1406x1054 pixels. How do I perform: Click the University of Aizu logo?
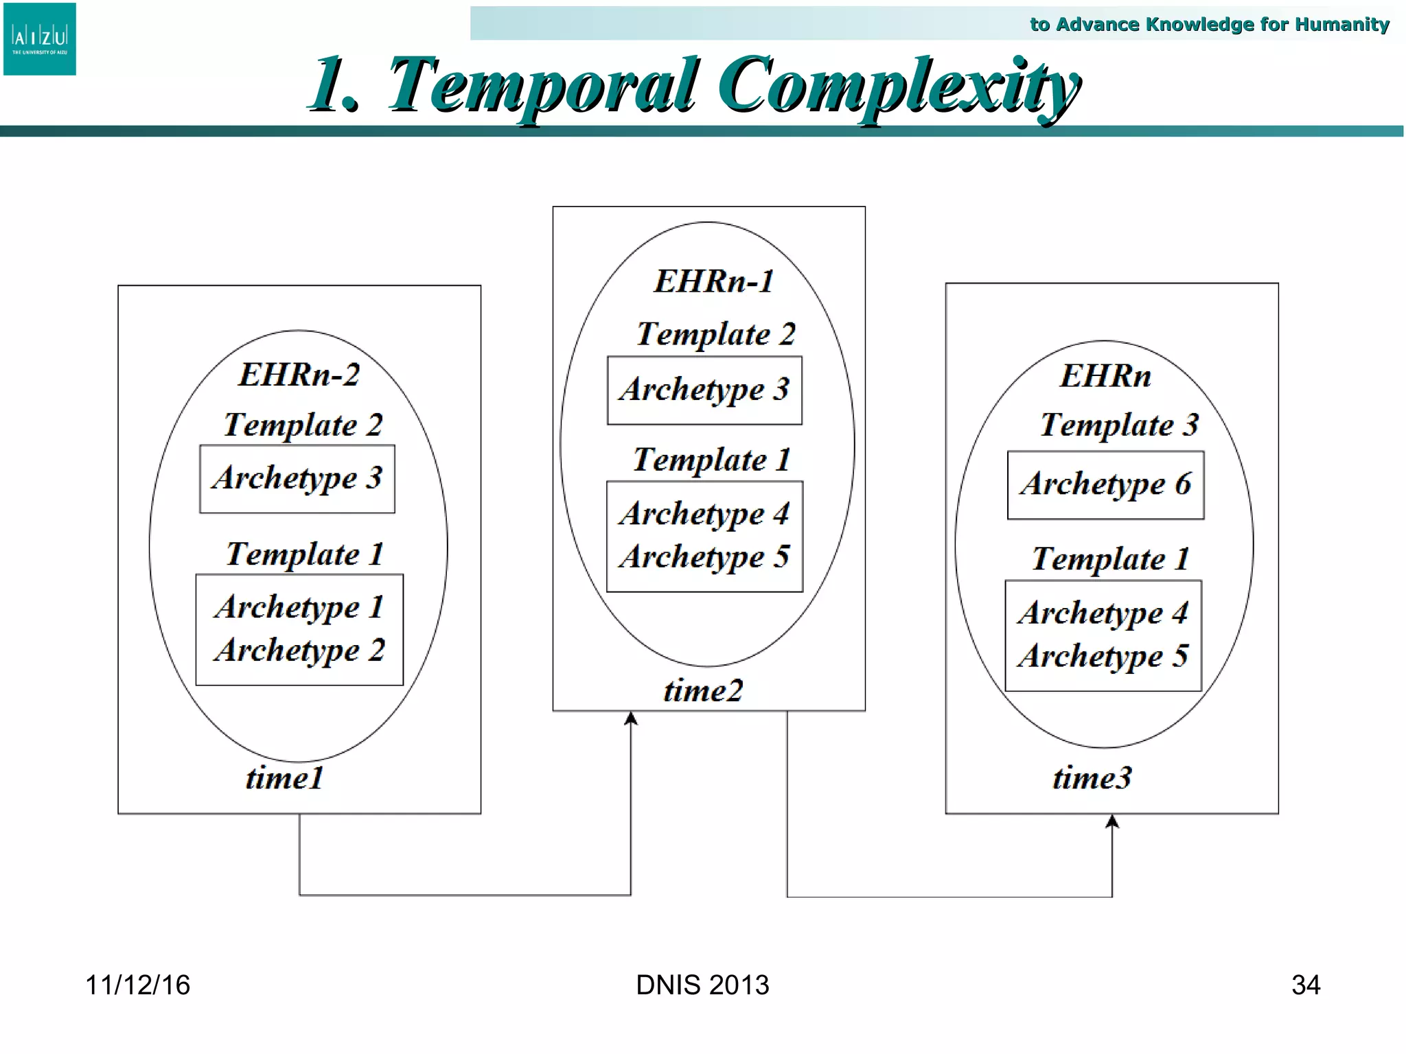(x=39, y=38)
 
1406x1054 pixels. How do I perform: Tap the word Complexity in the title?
(x=899, y=86)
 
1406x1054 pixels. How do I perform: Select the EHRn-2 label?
(x=299, y=375)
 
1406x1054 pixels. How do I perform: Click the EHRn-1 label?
(x=713, y=281)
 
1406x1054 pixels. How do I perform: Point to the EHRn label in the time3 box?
(x=1105, y=376)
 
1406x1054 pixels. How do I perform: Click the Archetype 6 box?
(x=1105, y=484)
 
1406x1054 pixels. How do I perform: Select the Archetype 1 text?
(x=299, y=607)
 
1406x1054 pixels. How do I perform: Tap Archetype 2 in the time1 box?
(x=299, y=650)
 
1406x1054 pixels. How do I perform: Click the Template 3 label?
(x=1118, y=425)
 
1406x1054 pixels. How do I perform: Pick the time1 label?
(x=284, y=778)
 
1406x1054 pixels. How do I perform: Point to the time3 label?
(x=1092, y=778)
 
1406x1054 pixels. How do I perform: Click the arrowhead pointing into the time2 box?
(x=631, y=718)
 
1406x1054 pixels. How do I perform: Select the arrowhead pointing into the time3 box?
(x=1112, y=821)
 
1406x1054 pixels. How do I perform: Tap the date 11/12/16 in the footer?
(x=137, y=985)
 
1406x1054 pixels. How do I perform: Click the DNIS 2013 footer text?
(x=702, y=985)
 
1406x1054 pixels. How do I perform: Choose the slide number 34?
(x=1306, y=985)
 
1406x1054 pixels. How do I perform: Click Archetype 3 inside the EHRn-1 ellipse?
(x=704, y=390)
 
